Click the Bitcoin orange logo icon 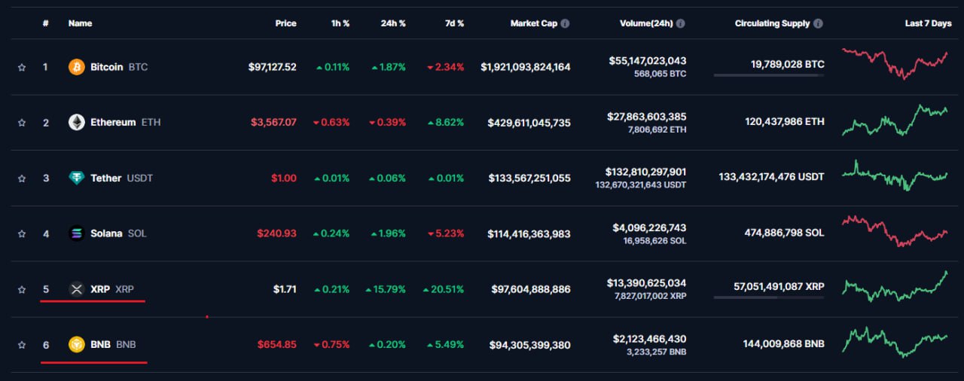pos(77,67)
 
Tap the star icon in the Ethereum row pos(22,123)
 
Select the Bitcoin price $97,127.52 pos(272,67)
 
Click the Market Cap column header pos(534,23)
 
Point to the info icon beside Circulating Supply pos(818,23)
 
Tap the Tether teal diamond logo pos(77,178)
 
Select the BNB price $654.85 pos(276,344)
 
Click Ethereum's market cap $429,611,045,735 pos(529,123)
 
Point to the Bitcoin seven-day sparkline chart pos(895,64)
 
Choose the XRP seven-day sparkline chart pos(895,286)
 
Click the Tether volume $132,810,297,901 pos(645,172)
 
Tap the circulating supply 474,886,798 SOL pos(784,233)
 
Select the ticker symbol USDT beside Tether pos(139,178)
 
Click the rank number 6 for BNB pos(46,345)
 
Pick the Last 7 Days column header pos(928,23)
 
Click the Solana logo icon pos(77,233)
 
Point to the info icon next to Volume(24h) pos(680,23)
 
